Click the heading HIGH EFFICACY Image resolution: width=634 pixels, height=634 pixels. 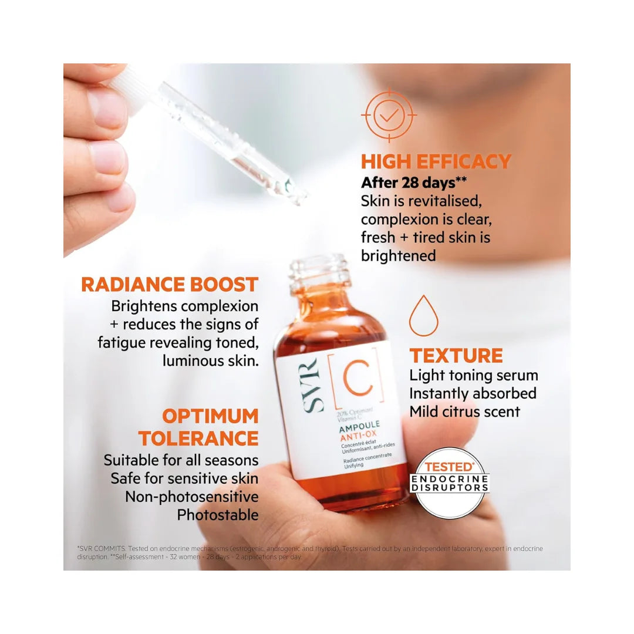[x=436, y=161]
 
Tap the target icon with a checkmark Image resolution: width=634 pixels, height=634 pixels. [x=388, y=116]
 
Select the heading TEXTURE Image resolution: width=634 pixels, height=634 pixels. [x=456, y=356]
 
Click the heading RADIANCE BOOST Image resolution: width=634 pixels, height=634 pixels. [x=170, y=285]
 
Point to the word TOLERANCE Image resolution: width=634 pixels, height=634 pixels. [x=198, y=438]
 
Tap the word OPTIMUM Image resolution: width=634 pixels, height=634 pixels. [x=210, y=416]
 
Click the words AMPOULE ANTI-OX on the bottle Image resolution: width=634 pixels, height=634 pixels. [x=360, y=430]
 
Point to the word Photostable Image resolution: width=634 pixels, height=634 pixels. [x=218, y=515]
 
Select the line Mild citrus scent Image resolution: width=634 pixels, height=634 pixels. [x=464, y=412]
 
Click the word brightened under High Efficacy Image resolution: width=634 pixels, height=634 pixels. [x=398, y=256]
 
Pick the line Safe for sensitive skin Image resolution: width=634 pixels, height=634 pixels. [x=184, y=478]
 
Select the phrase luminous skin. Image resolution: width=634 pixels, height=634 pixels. [x=210, y=361]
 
